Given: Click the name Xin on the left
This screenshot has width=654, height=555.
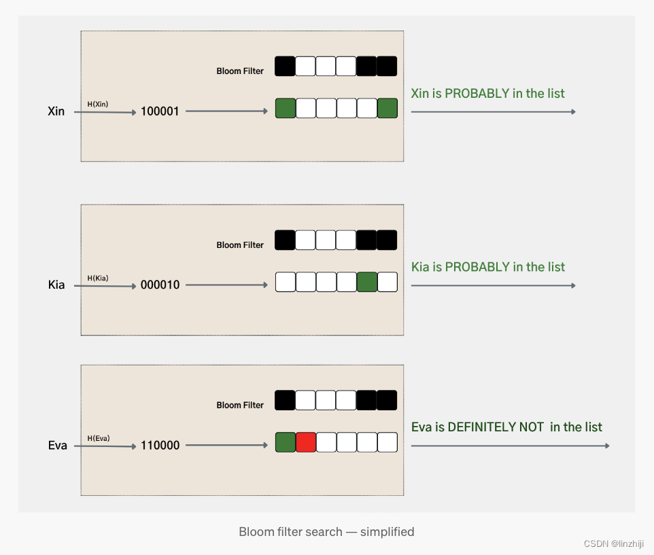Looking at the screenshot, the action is click(x=56, y=111).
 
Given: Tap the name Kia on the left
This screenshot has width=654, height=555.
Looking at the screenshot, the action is click(x=56, y=285).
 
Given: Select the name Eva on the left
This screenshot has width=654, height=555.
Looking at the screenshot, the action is click(x=58, y=446).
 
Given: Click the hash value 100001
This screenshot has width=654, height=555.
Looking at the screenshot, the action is click(x=160, y=111).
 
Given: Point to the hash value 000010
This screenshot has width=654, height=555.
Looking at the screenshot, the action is click(x=160, y=285).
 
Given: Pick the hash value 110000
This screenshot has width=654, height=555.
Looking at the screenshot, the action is click(x=160, y=446).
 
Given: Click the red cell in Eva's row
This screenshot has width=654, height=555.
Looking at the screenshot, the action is click(x=306, y=442).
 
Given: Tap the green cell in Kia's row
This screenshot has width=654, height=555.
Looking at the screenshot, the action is click(x=367, y=282).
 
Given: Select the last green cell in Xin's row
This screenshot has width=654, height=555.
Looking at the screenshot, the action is click(x=388, y=109).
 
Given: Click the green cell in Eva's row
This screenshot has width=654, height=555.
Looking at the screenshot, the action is click(x=286, y=442).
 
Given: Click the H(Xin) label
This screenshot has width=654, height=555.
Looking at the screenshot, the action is click(x=98, y=104).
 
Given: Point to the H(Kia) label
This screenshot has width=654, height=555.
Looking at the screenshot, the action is click(x=98, y=278).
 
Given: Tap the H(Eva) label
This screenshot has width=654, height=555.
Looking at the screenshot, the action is click(x=99, y=438).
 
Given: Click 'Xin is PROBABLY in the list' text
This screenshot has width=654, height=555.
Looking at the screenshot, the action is click(x=487, y=94).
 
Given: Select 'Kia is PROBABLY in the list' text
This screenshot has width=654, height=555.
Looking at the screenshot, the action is click(x=487, y=267).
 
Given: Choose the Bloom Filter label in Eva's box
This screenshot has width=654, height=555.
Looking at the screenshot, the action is click(x=240, y=405).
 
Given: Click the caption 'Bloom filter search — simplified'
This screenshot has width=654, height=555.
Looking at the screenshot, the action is click(x=326, y=531).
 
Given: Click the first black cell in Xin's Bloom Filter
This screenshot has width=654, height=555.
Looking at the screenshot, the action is click(x=286, y=67).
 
